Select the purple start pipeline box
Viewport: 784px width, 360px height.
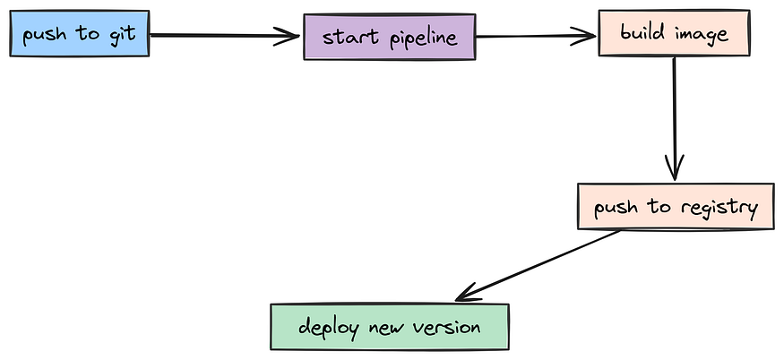pos(389,38)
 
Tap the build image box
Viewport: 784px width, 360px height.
pos(674,33)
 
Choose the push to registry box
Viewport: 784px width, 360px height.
pos(674,207)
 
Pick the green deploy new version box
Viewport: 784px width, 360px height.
pos(389,327)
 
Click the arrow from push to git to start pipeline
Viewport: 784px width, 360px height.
pos(224,36)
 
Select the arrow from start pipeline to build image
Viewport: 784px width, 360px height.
pos(536,37)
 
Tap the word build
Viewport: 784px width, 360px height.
pos(641,33)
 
